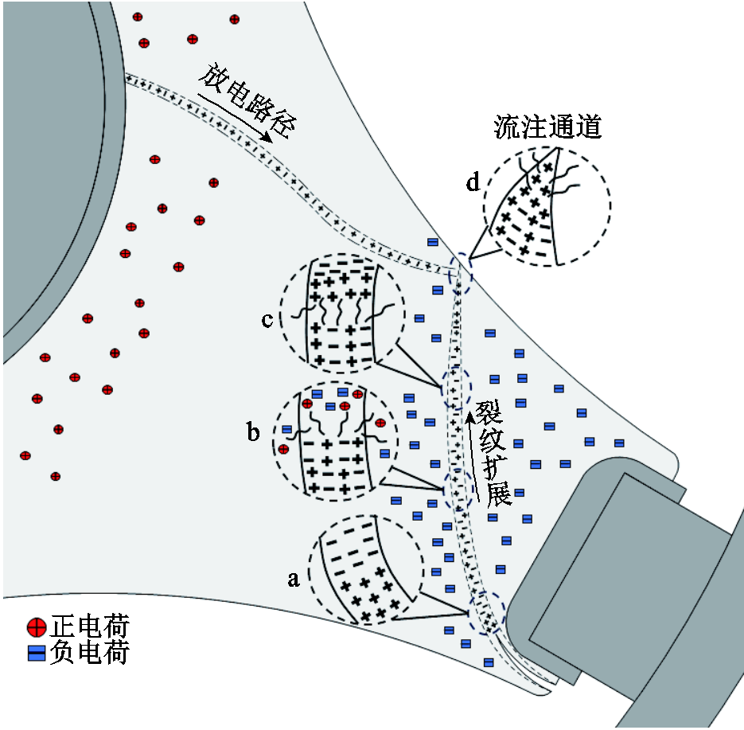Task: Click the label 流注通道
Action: (x=547, y=127)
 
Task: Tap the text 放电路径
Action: (x=247, y=101)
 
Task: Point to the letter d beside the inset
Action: (x=473, y=182)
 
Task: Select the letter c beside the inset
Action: (x=267, y=320)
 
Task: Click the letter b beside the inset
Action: (x=253, y=432)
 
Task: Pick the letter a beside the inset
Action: (x=294, y=579)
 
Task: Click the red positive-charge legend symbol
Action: (x=37, y=627)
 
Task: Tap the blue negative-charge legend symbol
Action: (x=37, y=653)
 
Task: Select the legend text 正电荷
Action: (x=89, y=627)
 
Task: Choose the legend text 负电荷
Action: (x=89, y=652)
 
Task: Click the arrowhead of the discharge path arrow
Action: (x=269, y=139)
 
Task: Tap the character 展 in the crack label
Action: (x=499, y=494)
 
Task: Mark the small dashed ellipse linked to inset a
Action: (x=486, y=612)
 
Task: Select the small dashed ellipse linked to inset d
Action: (x=461, y=274)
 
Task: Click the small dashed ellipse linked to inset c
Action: (x=457, y=388)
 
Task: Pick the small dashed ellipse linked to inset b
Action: (x=458, y=489)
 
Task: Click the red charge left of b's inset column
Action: (x=284, y=449)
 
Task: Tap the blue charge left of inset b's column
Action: (x=287, y=430)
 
